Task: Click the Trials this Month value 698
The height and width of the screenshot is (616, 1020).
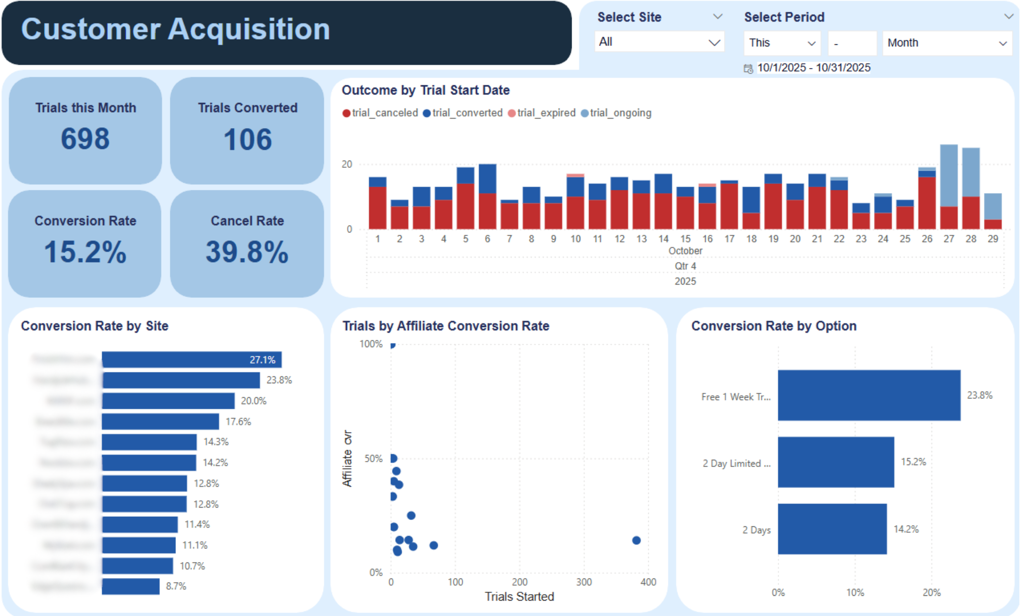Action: click(x=85, y=139)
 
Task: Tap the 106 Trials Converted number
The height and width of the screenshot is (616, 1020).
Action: click(x=247, y=140)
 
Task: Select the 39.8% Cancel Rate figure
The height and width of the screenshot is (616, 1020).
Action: click(x=247, y=252)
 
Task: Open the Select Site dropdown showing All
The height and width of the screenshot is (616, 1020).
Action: click(x=659, y=42)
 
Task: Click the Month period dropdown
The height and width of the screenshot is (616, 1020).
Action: click(x=947, y=43)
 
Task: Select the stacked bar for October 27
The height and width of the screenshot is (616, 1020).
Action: click(x=949, y=186)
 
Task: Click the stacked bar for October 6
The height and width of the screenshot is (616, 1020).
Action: click(x=487, y=197)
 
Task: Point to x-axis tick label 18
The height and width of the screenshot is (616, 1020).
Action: click(x=751, y=239)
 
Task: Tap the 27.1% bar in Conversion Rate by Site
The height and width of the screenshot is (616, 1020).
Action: click(x=191, y=360)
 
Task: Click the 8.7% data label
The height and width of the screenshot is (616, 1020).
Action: click(x=176, y=586)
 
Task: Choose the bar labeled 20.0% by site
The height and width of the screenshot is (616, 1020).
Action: click(x=168, y=401)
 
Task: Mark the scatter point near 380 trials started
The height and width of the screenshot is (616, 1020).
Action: click(x=636, y=540)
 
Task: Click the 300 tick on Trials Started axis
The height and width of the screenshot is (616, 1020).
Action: click(x=584, y=582)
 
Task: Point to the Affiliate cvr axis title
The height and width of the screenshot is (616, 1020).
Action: click(x=347, y=459)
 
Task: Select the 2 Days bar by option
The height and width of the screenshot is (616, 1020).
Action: click(x=832, y=529)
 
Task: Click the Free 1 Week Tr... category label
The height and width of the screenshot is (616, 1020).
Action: click(x=735, y=397)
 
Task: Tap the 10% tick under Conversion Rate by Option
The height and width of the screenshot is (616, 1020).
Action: click(x=855, y=593)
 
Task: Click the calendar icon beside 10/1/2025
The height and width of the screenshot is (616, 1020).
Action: click(x=748, y=69)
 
